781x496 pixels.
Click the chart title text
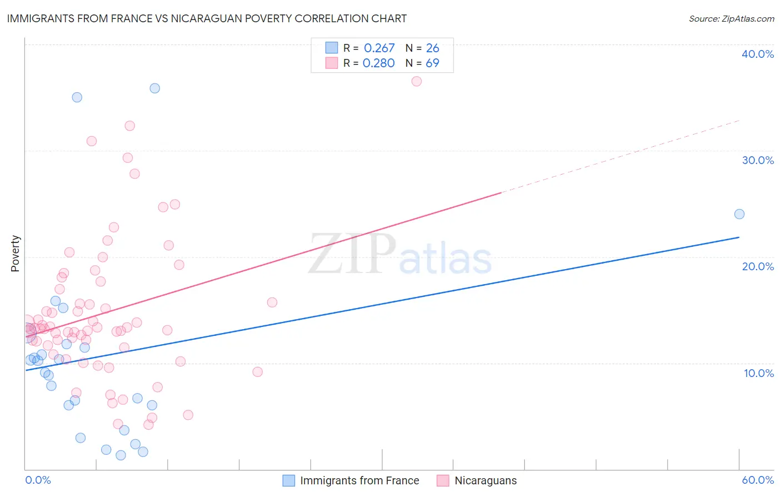click(207, 18)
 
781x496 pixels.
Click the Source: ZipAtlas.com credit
click(731, 18)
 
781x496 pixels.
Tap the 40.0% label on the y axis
click(757, 54)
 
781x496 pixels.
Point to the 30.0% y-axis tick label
click(757, 160)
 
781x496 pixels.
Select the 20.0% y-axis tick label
click(757, 266)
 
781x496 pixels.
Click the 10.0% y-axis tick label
click(758, 373)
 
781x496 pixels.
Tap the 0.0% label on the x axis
click(38, 480)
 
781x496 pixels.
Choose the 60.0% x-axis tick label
click(757, 480)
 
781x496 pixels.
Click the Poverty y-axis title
click(15, 254)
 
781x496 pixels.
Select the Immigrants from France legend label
click(359, 480)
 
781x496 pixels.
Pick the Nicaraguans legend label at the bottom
click(485, 480)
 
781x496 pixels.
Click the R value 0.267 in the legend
click(379, 48)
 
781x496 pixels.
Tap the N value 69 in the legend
click(432, 63)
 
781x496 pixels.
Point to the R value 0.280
click(378, 63)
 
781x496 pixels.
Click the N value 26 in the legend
click(432, 48)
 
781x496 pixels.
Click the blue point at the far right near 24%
click(739, 214)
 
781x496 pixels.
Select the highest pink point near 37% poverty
click(417, 81)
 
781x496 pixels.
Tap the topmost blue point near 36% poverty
click(155, 88)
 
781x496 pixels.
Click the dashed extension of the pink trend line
click(622, 156)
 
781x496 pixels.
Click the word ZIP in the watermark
click(352, 254)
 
